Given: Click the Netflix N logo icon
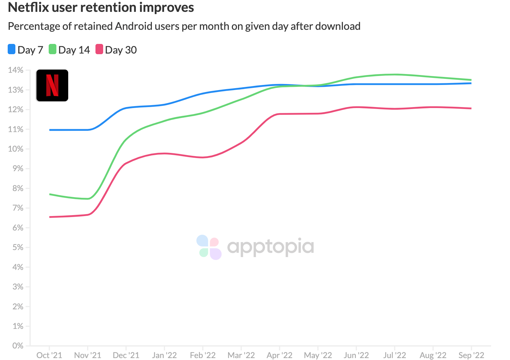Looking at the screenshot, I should tap(52, 85).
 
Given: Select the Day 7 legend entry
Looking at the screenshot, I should tap(26, 50).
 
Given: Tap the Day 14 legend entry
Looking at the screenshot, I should tap(70, 50).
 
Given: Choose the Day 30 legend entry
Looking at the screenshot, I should tap(116, 50).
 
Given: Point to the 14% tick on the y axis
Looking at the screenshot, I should tap(16, 70).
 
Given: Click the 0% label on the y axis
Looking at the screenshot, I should tap(18, 346).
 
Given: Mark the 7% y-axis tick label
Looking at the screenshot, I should tap(18, 208).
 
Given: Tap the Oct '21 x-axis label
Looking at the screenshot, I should tap(49, 355).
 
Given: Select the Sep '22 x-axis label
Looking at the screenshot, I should tap(471, 355).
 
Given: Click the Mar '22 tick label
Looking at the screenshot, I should tap(241, 355).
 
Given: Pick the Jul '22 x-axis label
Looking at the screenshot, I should tap(394, 355).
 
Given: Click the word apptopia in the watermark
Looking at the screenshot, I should tap(270, 247).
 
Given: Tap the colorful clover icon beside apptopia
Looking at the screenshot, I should tap(209, 247).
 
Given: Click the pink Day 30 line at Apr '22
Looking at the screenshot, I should tap(280, 114).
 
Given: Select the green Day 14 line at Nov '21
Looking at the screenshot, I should tap(88, 199).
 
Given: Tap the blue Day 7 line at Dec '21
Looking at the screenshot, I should tap(126, 108).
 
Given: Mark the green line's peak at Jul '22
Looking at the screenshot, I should tap(394, 74).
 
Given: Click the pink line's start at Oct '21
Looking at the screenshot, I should tap(50, 217).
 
